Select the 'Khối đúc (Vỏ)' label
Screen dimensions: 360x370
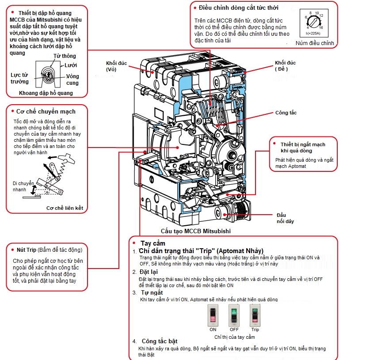pos(116,66)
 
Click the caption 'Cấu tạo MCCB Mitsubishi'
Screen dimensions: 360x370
pos(196,231)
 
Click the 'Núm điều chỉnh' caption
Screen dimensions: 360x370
pos(315,43)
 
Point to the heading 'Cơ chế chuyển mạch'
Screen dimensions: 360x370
pos(46,111)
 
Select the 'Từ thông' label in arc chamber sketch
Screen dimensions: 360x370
pos(65,56)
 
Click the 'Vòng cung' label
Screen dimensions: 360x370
pos(72,80)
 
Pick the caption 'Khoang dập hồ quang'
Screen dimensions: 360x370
pos(46,93)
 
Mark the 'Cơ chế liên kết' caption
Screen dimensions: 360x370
pos(65,208)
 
